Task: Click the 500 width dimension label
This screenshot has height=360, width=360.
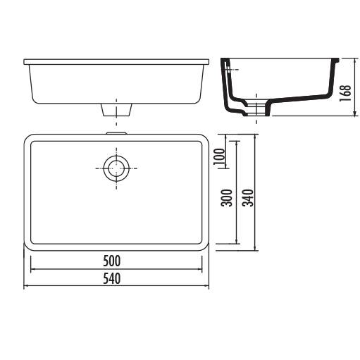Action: coord(112,261)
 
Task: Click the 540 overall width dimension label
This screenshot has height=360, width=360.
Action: coord(112,278)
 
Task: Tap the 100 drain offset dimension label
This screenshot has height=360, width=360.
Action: coord(220,156)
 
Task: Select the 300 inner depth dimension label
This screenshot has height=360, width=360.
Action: coord(227,198)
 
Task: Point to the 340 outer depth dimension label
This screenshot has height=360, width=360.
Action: coord(248,198)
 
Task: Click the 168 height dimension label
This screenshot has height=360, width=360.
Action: coord(345,93)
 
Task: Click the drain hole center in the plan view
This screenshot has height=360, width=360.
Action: coord(116,168)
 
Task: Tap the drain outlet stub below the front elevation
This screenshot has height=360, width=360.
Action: coord(116,110)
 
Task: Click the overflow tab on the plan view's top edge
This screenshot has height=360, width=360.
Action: coord(116,133)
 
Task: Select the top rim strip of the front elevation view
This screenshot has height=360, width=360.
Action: coord(116,62)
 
